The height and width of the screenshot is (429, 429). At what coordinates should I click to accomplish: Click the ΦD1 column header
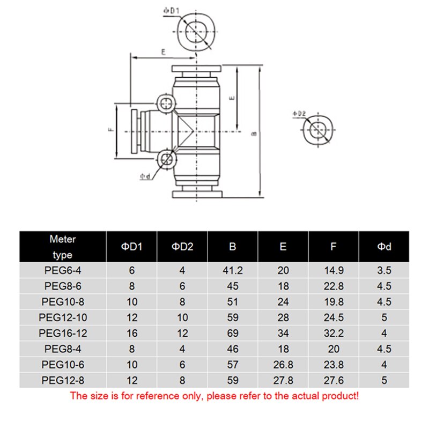click(132, 247)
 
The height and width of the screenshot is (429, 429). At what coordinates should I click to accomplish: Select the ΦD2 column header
click(182, 247)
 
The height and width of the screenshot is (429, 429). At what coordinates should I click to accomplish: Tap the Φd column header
click(384, 247)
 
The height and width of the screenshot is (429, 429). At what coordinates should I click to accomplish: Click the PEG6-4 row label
click(63, 271)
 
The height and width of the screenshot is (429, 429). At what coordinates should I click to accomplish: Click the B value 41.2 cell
click(233, 271)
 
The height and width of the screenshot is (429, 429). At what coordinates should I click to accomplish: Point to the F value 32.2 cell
click(334, 333)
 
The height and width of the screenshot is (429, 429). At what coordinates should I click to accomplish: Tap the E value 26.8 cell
click(283, 364)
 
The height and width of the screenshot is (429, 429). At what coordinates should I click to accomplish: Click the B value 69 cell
click(233, 333)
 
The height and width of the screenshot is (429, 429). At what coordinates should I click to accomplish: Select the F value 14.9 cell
click(334, 271)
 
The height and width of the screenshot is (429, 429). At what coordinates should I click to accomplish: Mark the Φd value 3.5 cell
click(384, 271)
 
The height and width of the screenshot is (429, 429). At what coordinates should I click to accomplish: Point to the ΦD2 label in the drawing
click(299, 114)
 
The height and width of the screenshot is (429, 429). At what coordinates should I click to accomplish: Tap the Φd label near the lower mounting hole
click(145, 176)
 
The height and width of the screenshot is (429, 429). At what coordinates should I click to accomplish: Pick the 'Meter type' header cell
click(63, 247)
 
